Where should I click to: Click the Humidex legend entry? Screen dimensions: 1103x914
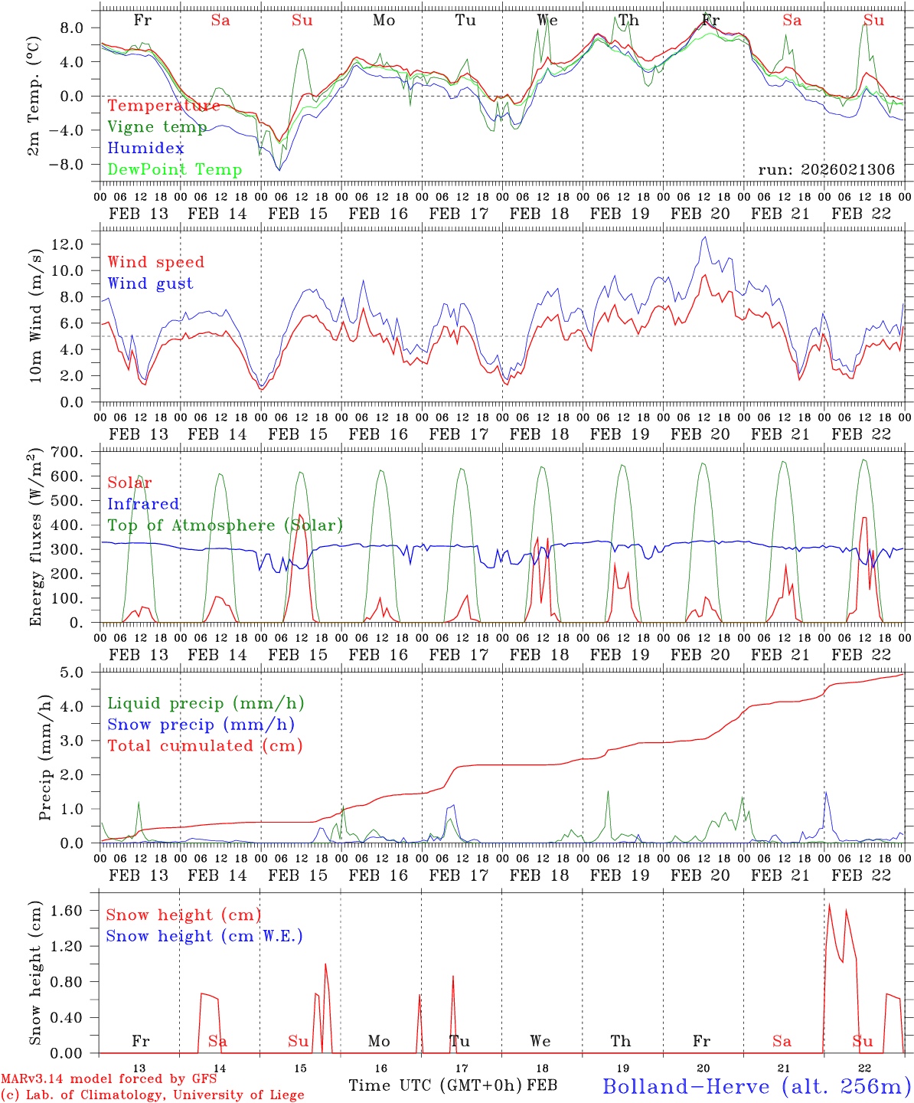coord(146,149)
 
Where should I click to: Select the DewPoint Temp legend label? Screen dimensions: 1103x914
coord(175,170)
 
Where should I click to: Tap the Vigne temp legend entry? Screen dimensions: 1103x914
coord(157,127)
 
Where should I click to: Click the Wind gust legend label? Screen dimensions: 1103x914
coord(151,284)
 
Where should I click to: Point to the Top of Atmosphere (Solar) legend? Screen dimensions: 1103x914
coord(225,525)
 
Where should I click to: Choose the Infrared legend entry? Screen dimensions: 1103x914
coord(143,504)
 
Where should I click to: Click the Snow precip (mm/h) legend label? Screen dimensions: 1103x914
coord(201,725)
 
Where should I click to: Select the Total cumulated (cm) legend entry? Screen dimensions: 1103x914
coord(205,746)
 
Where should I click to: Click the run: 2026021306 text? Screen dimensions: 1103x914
coord(826,170)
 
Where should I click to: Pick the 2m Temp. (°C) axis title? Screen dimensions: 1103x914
coord(34,96)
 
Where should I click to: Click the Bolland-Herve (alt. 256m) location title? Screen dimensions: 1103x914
coord(756,1086)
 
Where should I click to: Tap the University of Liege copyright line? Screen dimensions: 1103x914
coord(152,1095)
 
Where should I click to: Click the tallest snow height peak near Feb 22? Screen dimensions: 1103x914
coord(829,905)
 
